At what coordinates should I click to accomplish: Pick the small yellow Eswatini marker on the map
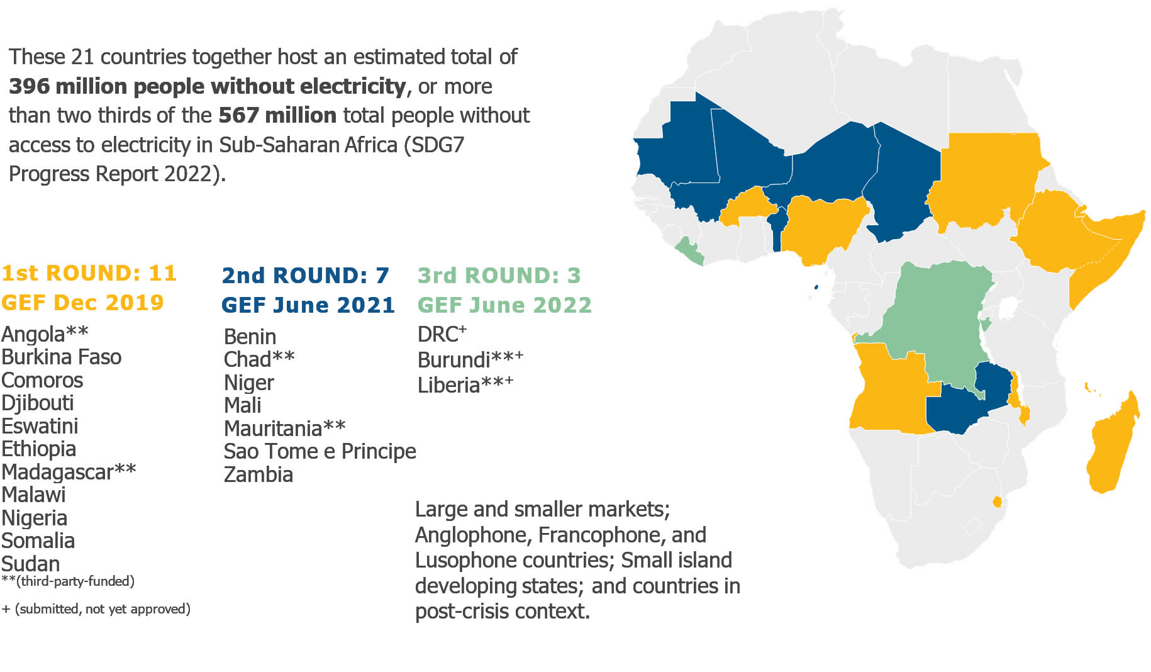pyautogui.click(x=997, y=501)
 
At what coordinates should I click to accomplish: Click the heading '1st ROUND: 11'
pyautogui.click(x=89, y=273)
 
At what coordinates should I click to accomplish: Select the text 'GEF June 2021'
pyautogui.click(x=308, y=305)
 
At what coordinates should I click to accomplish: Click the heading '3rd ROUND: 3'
pyautogui.click(x=499, y=276)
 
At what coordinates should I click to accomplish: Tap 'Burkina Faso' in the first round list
pyautogui.click(x=61, y=357)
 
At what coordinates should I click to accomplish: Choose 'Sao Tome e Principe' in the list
pyautogui.click(x=320, y=451)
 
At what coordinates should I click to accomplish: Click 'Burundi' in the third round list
pyautogui.click(x=453, y=360)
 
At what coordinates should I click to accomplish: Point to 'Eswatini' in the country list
pyautogui.click(x=40, y=426)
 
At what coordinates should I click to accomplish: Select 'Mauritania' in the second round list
pyautogui.click(x=273, y=428)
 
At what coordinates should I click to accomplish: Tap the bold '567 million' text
pyautogui.click(x=277, y=116)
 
